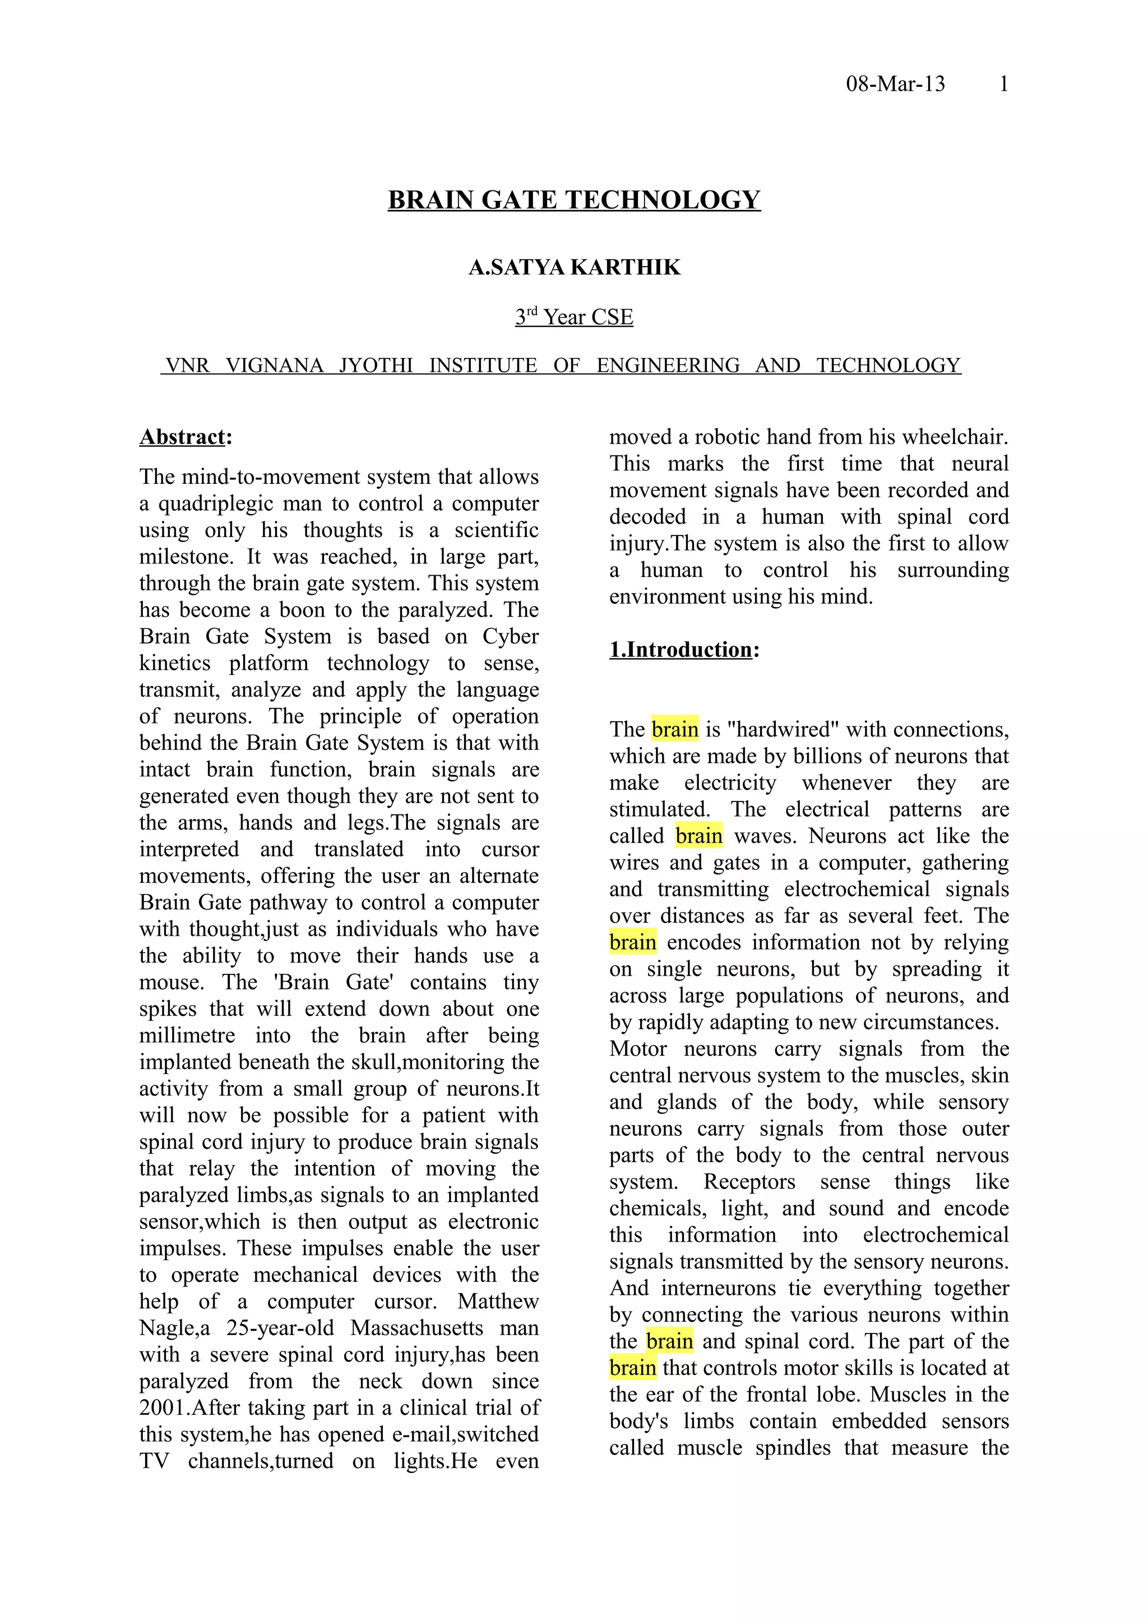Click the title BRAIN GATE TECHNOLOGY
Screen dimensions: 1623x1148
point(573,200)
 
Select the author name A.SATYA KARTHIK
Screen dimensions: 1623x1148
point(573,267)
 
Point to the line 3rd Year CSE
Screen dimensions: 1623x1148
point(573,316)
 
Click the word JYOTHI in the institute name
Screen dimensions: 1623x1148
point(376,366)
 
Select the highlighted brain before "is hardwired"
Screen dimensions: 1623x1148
point(675,730)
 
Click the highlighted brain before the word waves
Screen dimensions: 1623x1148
point(699,836)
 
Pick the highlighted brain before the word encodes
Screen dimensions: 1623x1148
point(632,943)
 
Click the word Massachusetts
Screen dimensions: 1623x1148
point(416,1328)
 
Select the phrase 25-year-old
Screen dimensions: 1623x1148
point(280,1328)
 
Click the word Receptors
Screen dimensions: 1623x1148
point(749,1182)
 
